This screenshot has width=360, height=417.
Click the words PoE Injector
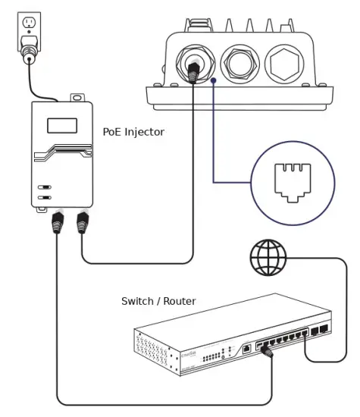pos(133,132)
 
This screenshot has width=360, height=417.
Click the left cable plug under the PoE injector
pos(56,223)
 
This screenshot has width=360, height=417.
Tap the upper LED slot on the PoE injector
pos(45,186)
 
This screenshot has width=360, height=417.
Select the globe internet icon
pos(268,258)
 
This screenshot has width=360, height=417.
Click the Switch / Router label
pos(158,301)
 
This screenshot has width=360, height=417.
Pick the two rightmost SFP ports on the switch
pos(319,331)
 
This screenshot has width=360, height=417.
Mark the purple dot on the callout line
pos(214,78)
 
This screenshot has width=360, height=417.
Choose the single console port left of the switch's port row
pos(247,349)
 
